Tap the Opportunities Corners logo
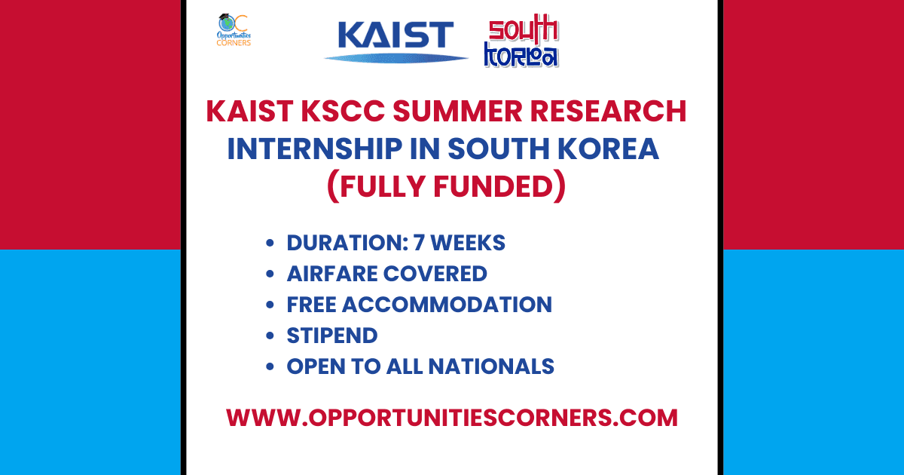coord(234,30)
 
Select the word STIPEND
coord(332,336)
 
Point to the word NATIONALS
coord(492,366)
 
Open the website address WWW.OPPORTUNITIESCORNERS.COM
coord(452,418)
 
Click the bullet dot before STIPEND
coord(270,336)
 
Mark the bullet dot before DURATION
coord(270,244)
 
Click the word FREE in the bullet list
coord(313,305)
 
